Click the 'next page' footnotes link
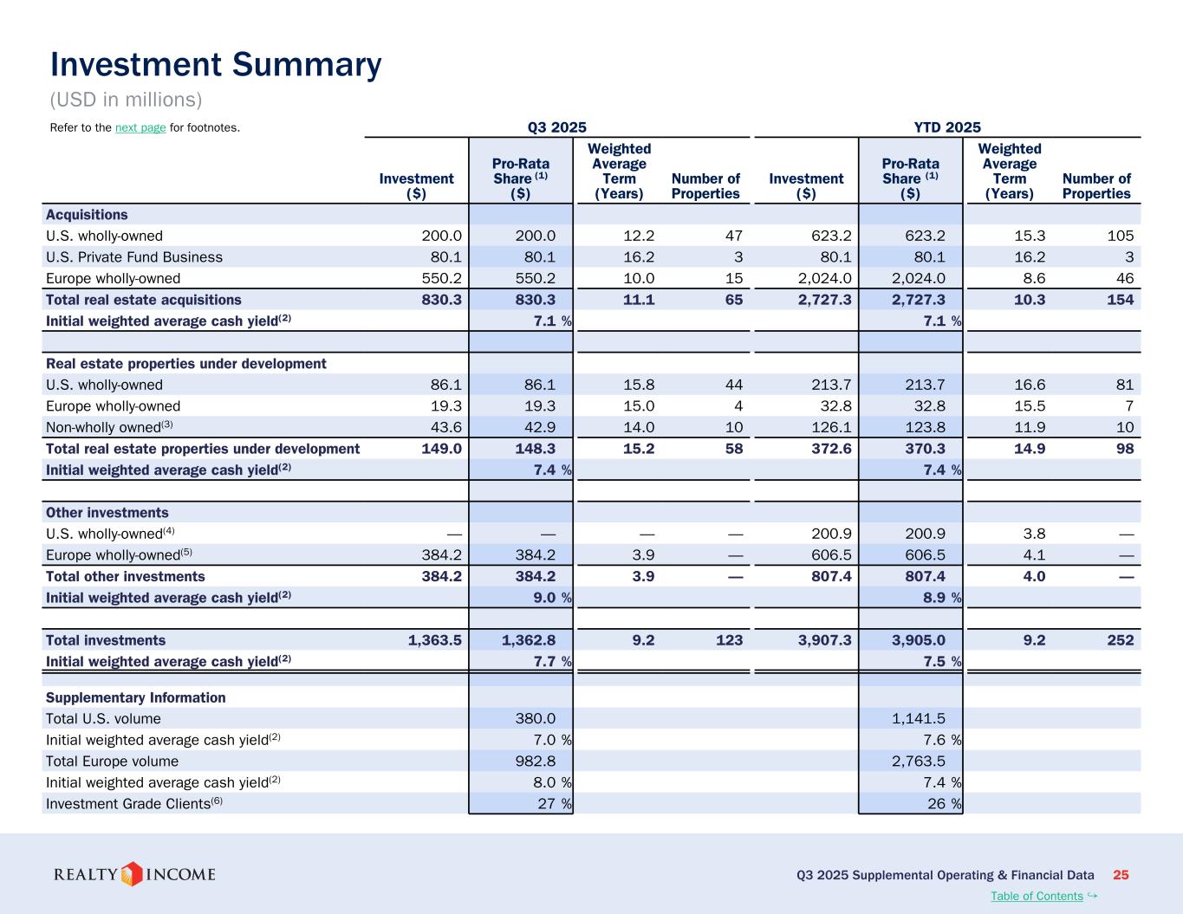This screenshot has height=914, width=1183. [x=140, y=128]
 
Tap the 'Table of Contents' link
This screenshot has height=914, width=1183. [x=1037, y=896]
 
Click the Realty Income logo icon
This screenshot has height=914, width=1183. [x=132, y=873]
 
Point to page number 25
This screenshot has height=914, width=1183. [x=1121, y=875]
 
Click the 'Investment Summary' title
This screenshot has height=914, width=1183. [x=216, y=65]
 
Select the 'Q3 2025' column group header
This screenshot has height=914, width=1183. [x=556, y=127]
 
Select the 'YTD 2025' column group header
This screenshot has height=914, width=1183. [x=947, y=127]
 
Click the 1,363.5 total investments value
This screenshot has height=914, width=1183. [x=434, y=640]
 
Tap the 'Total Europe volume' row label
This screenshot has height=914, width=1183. [x=112, y=762]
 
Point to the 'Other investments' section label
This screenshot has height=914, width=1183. [x=107, y=513]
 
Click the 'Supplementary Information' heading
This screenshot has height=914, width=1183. [x=135, y=697]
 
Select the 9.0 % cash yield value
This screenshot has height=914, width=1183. [x=551, y=598]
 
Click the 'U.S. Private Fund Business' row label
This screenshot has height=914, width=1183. [x=134, y=257]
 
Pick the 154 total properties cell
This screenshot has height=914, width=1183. [x=1119, y=300]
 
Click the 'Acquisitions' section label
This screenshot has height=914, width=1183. [x=87, y=215]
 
